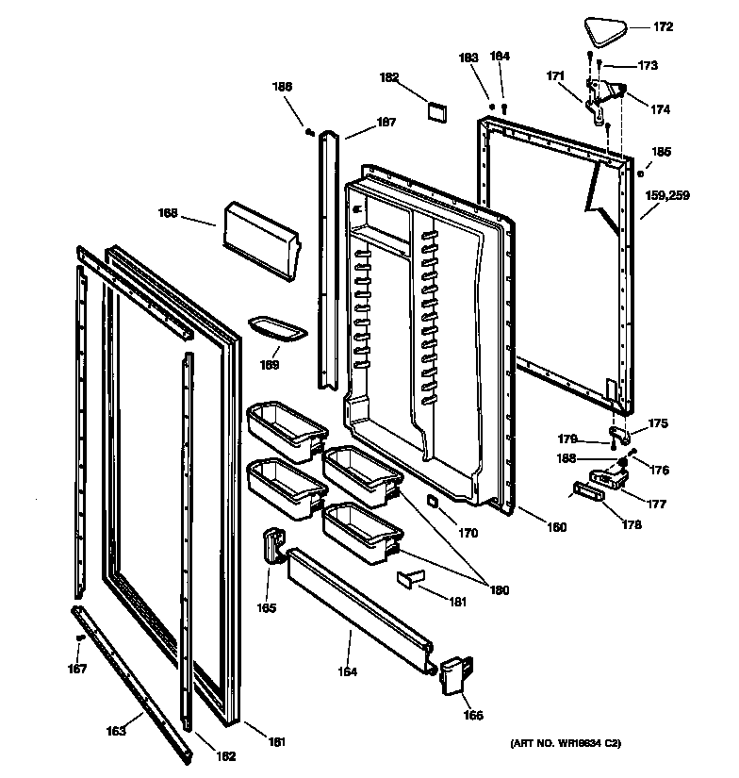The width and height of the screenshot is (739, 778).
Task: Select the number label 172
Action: pyautogui.click(x=664, y=27)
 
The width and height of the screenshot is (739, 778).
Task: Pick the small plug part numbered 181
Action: pyautogui.click(x=406, y=577)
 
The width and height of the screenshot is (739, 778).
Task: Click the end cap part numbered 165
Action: pyautogui.click(x=273, y=546)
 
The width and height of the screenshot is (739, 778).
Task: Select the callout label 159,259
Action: pyautogui.click(x=667, y=196)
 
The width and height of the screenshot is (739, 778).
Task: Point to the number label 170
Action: pyautogui.click(x=468, y=533)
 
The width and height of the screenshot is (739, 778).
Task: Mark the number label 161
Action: pyautogui.click(x=276, y=741)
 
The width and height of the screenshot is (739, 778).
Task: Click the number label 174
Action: pyautogui.click(x=660, y=109)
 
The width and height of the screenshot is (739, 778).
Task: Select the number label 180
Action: pyautogui.click(x=499, y=590)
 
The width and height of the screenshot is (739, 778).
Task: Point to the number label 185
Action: pyautogui.click(x=662, y=151)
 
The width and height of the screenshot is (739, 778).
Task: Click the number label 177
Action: pyautogui.click(x=656, y=504)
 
